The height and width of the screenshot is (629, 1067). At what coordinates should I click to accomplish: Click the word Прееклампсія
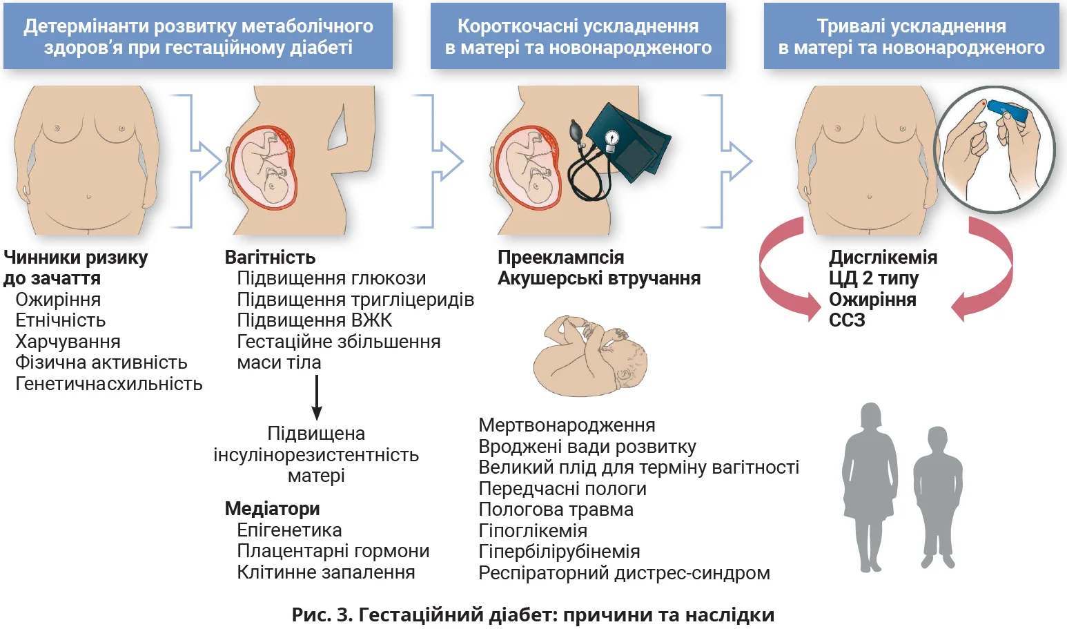(x=560, y=258)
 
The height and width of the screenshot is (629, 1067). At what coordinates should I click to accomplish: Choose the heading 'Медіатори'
(x=272, y=509)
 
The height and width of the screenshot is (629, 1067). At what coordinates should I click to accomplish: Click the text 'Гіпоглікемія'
(x=533, y=531)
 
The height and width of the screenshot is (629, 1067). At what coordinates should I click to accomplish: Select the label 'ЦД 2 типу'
(x=873, y=278)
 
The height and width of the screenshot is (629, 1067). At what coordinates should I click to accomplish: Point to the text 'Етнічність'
(x=61, y=320)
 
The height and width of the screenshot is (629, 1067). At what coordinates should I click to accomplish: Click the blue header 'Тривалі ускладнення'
(x=911, y=36)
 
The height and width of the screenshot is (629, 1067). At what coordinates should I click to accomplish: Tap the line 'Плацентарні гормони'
(x=333, y=551)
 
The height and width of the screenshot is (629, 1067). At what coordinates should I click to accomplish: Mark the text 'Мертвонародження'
(x=567, y=425)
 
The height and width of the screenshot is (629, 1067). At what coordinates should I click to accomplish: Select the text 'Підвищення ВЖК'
(x=314, y=320)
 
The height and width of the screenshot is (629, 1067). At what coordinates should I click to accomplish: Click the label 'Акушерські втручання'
(x=598, y=278)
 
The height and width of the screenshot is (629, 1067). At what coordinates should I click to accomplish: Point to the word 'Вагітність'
(x=270, y=258)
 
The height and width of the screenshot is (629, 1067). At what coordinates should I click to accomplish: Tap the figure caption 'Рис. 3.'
(x=322, y=615)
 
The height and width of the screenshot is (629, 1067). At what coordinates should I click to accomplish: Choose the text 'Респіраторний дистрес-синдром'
(x=624, y=573)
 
